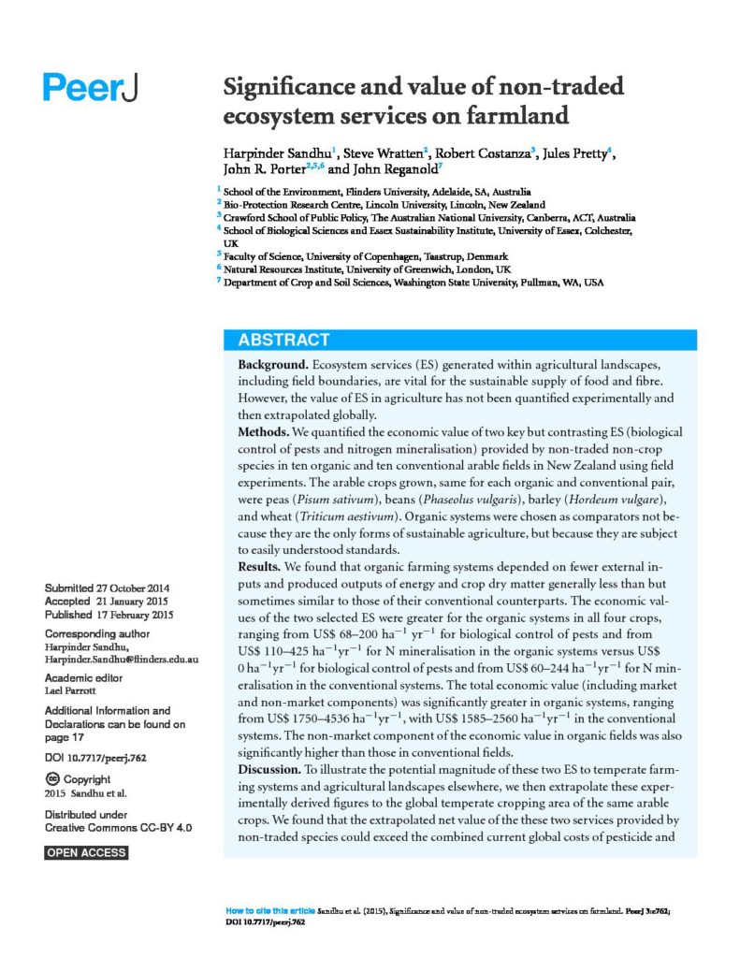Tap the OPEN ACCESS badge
point(86,852)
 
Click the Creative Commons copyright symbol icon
point(52,779)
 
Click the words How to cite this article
point(270,910)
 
